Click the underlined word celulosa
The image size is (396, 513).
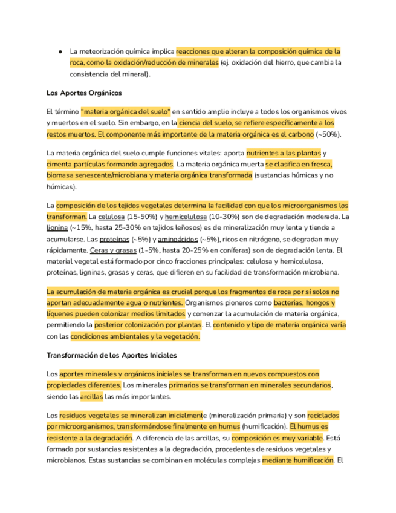(x=111, y=217)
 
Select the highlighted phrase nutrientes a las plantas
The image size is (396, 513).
(x=284, y=154)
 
